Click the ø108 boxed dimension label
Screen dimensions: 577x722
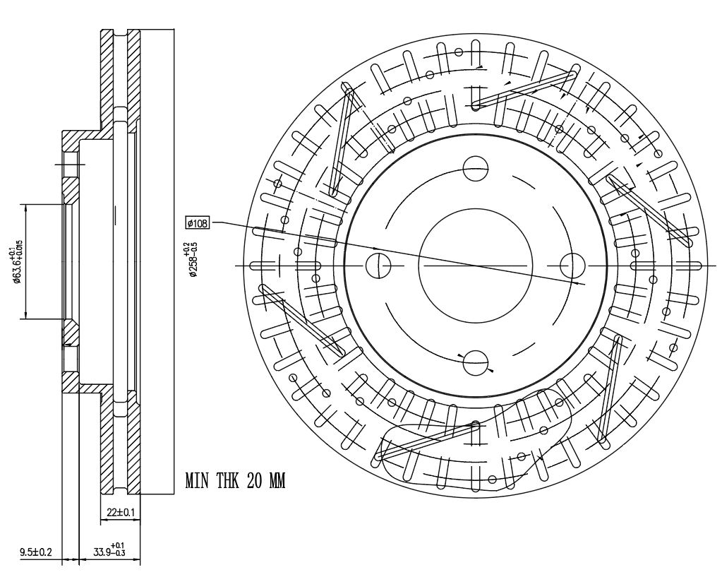[x=198, y=224]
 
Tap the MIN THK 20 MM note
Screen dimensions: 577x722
[x=235, y=481]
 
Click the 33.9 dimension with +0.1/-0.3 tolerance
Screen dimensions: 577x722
[x=109, y=551]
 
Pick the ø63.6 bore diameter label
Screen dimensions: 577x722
[x=17, y=261]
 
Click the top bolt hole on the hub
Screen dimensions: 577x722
[x=476, y=168]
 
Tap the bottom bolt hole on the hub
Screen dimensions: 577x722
[x=476, y=363]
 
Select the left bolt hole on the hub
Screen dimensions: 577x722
[x=378, y=266]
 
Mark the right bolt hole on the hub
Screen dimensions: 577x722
[x=572, y=266]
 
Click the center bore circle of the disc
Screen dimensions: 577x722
[x=476, y=266]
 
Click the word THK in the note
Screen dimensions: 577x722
[x=229, y=481]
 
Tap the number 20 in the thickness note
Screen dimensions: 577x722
[x=255, y=481]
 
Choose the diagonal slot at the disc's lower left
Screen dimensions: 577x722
[x=302, y=320]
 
